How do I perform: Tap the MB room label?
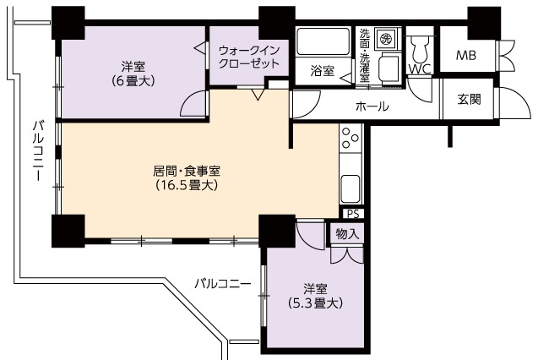[x=466, y=55]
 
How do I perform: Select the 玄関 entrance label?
[x=470, y=99]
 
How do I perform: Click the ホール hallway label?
[x=372, y=106]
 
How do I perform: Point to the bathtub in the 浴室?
[x=323, y=41]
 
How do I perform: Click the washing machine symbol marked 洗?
[x=387, y=38]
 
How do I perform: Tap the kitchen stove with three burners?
[x=351, y=138]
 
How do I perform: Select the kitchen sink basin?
[x=351, y=188]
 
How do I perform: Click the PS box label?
[x=353, y=214]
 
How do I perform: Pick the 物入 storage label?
[x=347, y=234]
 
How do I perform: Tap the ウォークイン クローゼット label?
[x=249, y=57]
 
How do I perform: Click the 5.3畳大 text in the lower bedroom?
[x=315, y=303]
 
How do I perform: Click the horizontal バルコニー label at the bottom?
[x=223, y=284]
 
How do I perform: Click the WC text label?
[x=420, y=69]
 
